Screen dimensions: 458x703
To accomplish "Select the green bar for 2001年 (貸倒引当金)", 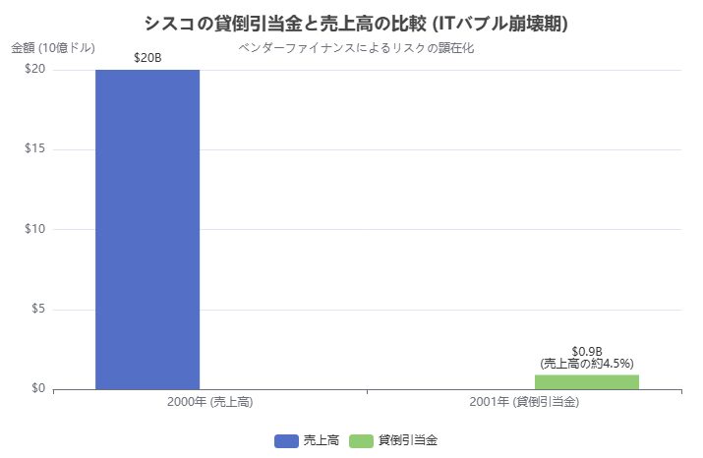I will (587, 381).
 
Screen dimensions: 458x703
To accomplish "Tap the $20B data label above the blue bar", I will (147, 58).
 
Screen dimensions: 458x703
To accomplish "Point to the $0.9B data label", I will (586, 352).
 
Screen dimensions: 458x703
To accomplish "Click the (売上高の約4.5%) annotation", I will (587, 364).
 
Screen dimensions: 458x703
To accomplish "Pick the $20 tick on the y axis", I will (34, 69).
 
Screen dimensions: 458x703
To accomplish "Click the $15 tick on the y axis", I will (34, 149).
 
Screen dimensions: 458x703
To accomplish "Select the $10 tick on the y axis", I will (34, 229).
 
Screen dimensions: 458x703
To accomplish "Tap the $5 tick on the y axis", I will (37, 310).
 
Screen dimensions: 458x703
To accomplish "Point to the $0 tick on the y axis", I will (37, 389).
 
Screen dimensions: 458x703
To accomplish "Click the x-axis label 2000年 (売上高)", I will (210, 402).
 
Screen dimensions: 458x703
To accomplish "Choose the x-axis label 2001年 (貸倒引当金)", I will (524, 402).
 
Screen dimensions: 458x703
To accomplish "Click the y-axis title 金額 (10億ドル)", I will (53, 47).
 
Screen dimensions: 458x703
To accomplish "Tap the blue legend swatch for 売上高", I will (285, 440).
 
